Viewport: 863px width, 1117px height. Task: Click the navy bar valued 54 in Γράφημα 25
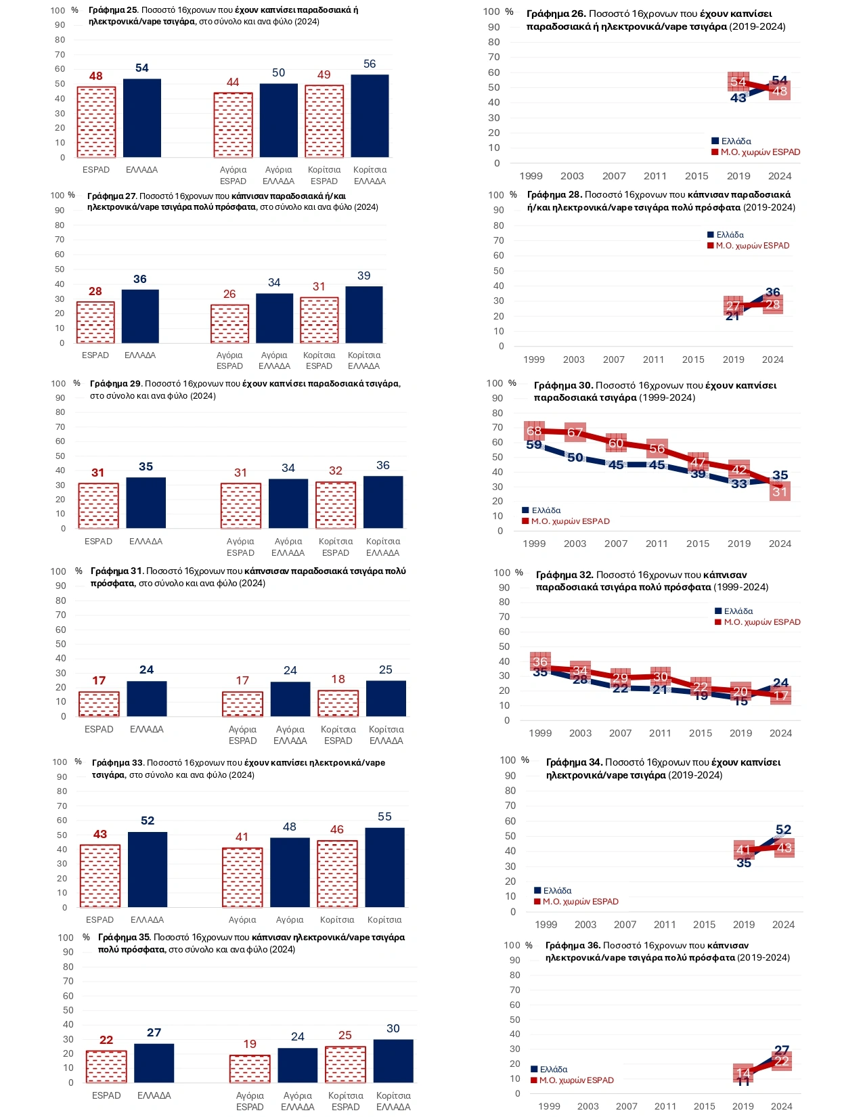142,118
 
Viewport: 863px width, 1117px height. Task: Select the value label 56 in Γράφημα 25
370,64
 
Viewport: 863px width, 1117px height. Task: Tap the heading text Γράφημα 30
563,385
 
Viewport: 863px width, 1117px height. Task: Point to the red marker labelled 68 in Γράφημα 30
534,431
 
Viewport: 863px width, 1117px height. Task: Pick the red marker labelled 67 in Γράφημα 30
575,433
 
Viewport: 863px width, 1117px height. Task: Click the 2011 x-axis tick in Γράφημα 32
660,733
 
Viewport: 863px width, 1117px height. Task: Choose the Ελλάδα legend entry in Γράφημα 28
726,235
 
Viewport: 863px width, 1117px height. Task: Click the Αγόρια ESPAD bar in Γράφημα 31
242,704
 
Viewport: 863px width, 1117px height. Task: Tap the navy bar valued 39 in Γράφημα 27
364,315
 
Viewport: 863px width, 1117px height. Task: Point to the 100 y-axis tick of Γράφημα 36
512,946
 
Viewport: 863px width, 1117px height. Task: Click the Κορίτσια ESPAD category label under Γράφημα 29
336,547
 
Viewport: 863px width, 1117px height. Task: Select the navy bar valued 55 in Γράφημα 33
384,867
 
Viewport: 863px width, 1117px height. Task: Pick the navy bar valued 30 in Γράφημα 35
393,1061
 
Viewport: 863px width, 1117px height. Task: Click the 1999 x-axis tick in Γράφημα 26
531,176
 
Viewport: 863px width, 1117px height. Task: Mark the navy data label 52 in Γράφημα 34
783,830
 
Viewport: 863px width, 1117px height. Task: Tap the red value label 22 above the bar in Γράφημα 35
106,1041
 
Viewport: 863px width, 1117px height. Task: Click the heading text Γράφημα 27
112,196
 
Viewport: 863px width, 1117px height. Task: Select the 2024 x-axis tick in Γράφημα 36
781,1106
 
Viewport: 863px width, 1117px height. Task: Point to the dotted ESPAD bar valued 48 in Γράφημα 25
96,123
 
